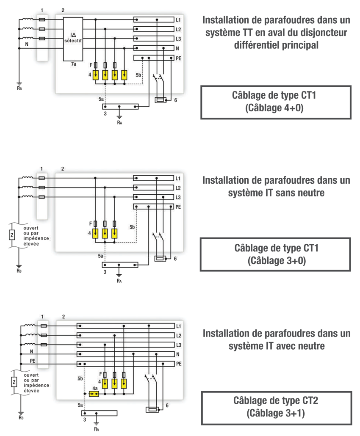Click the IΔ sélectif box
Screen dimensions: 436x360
coord(73,39)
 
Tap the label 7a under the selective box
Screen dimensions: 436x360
coord(73,64)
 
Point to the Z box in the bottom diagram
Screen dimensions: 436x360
coord(14,382)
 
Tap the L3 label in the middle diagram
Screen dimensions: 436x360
coord(178,198)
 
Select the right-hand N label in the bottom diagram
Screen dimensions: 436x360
coord(178,354)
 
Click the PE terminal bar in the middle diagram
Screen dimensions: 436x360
coord(153,207)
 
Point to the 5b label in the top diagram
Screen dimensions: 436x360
coord(138,75)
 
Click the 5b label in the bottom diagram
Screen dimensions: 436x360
coord(80,378)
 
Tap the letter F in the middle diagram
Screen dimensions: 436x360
coord(90,223)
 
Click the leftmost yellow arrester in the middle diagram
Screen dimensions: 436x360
coord(96,233)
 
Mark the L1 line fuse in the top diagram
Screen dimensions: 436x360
coord(42,19)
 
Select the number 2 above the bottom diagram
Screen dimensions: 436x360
coord(63,317)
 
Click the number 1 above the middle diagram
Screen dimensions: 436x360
coord(42,169)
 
